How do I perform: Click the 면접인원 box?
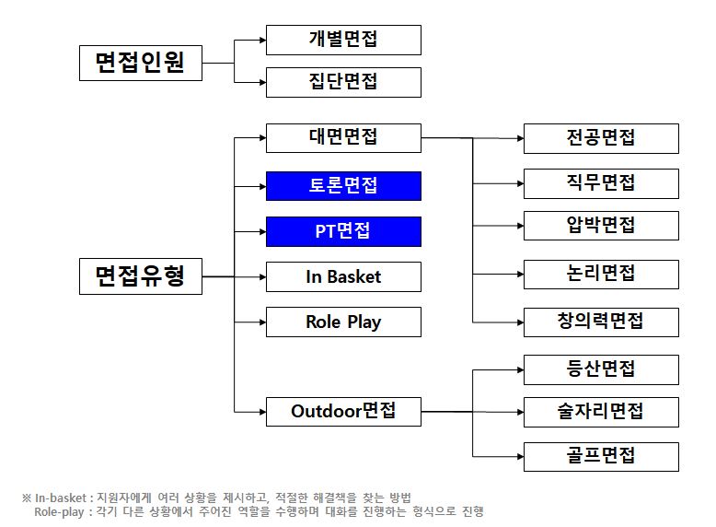(x=140, y=63)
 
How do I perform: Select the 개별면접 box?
(x=343, y=40)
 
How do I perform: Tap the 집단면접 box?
(x=343, y=82)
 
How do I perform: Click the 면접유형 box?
(x=140, y=276)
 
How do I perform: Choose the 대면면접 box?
(x=343, y=137)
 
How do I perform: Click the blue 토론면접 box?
(x=343, y=186)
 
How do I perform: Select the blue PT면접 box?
(x=343, y=231)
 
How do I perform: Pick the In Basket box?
(x=343, y=276)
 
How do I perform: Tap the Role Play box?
(x=343, y=322)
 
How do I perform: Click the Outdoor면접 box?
(x=343, y=411)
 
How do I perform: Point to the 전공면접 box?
(x=601, y=138)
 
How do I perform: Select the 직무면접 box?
(x=601, y=182)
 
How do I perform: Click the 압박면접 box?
(x=601, y=225)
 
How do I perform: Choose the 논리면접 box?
(x=601, y=275)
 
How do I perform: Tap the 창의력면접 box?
(x=601, y=322)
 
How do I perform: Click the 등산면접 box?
(x=601, y=369)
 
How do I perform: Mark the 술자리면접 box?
(x=601, y=412)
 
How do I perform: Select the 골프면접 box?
(x=601, y=456)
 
